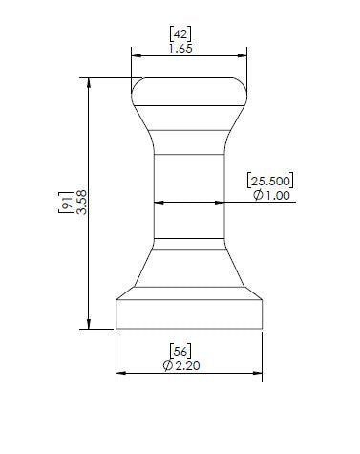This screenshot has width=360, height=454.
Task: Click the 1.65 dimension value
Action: pos(180,49)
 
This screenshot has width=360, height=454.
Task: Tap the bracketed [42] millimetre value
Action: pos(180,34)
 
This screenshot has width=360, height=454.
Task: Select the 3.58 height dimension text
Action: pos(81,203)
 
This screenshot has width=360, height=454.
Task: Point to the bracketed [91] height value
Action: pos(67,203)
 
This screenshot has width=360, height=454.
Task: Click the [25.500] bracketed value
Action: pos(270,181)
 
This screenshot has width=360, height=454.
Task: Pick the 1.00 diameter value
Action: pos(278,195)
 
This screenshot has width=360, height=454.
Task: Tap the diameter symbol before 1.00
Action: pos(258,195)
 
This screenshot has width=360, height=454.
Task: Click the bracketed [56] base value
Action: pos(180,351)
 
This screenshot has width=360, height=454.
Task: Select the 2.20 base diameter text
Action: pos(187,365)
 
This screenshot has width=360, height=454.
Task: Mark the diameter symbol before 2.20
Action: pos(168,366)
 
